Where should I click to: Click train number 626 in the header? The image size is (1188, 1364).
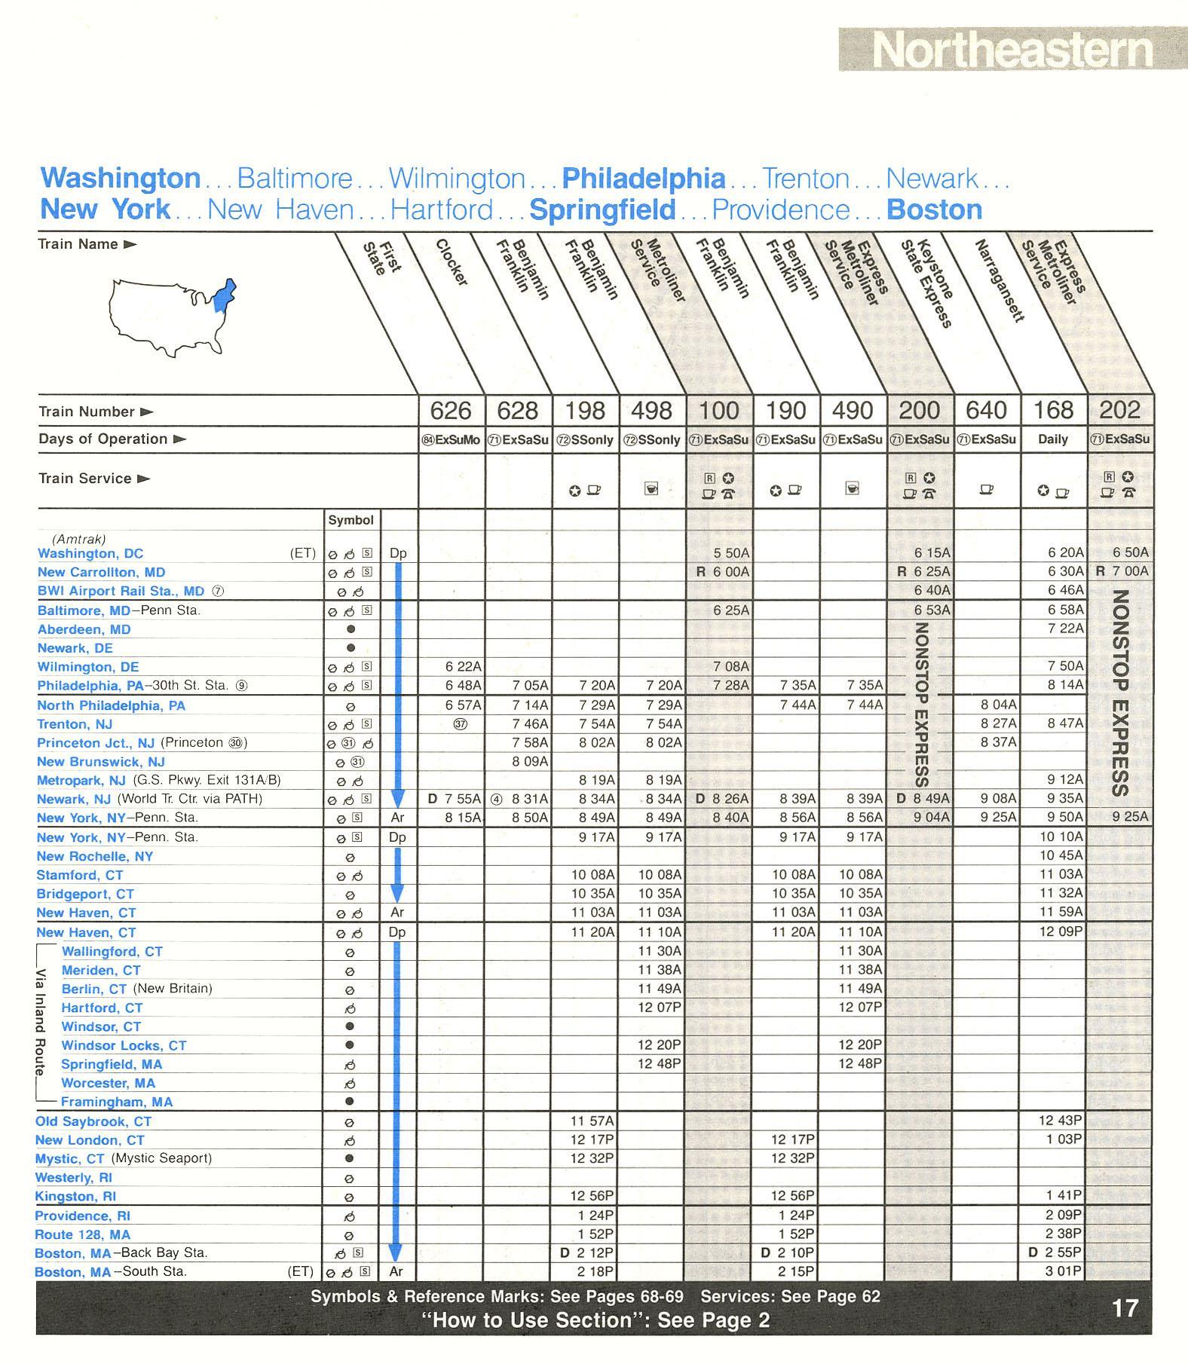[x=451, y=411]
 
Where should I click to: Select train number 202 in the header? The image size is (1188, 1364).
[x=1120, y=410]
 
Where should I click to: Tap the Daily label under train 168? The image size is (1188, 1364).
[x=1053, y=439]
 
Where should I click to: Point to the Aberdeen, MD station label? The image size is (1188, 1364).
[x=84, y=629]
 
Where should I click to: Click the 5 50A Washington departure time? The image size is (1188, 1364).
[x=731, y=553]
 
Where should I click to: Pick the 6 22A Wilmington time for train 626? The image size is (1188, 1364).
[x=463, y=666]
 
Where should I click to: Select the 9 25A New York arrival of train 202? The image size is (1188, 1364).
[x=1131, y=817]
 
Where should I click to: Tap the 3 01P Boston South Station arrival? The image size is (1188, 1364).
[x=1064, y=1271]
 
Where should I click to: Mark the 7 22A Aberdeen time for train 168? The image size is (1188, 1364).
[x=1065, y=628]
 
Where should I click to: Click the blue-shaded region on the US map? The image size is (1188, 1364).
[x=224, y=295]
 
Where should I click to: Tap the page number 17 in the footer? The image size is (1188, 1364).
[x=1125, y=1308]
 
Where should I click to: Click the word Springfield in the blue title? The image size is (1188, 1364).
[x=602, y=209]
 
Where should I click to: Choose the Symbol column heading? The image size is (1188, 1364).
[x=351, y=520]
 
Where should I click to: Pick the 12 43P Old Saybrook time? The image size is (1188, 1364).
[x=1061, y=1121]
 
